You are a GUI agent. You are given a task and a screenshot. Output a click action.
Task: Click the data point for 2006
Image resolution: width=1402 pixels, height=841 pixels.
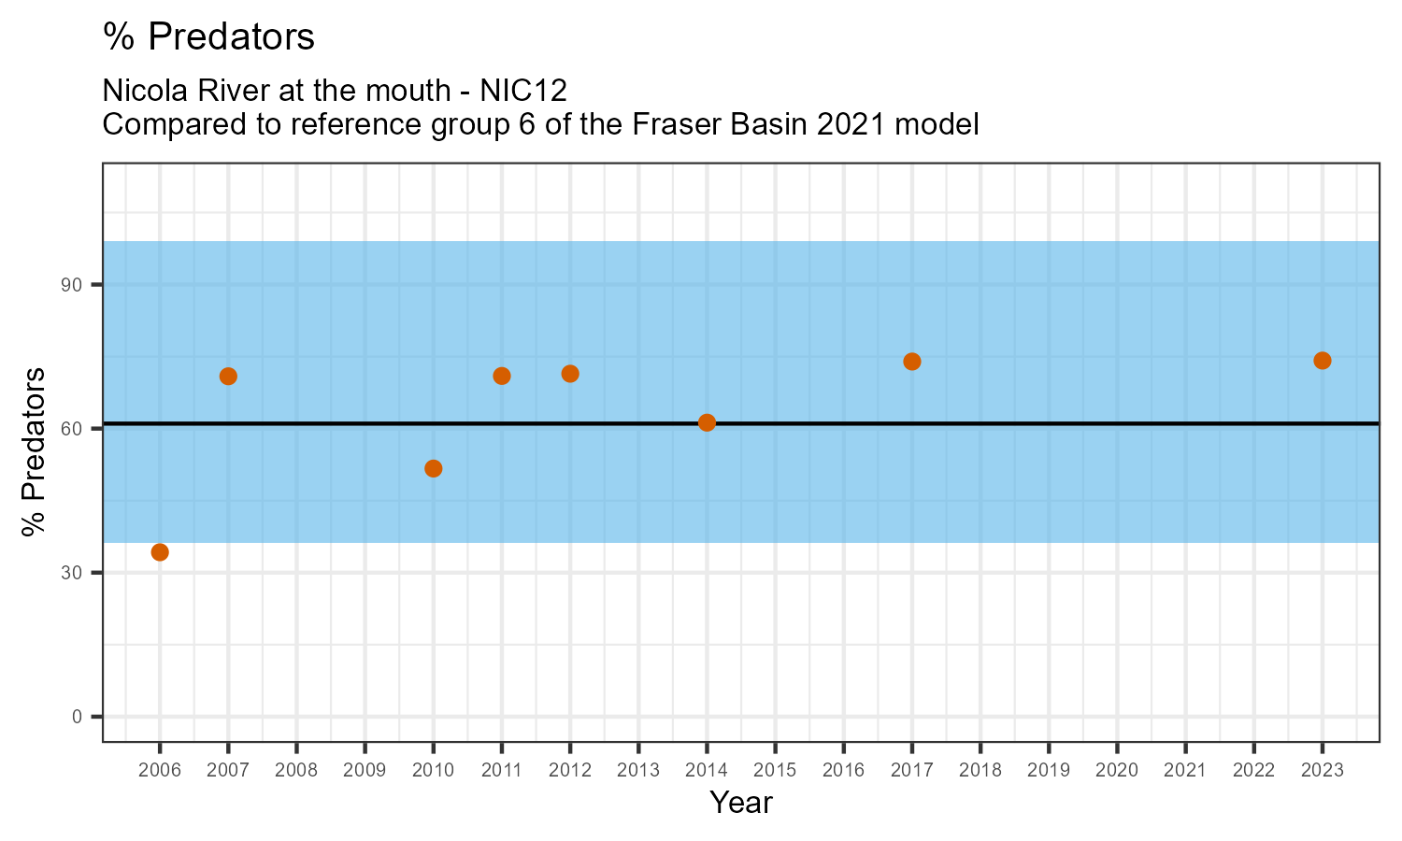(x=160, y=552)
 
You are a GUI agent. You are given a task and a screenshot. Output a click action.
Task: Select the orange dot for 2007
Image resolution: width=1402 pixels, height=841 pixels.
(x=228, y=377)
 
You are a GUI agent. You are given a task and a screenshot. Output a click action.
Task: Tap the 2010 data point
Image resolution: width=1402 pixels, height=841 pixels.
(x=433, y=468)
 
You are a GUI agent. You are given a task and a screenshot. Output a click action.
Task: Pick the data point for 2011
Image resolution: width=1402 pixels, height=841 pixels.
(x=502, y=377)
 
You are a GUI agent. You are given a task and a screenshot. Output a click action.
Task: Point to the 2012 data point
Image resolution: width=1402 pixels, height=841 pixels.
(x=570, y=374)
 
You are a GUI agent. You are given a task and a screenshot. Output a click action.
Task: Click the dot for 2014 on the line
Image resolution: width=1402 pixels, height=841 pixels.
(x=707, y=422)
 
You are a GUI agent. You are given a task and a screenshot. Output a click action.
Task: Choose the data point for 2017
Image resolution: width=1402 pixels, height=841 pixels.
(x=912, y=362)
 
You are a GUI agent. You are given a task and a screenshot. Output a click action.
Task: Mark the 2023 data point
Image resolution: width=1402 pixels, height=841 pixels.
(x=1323, y=361)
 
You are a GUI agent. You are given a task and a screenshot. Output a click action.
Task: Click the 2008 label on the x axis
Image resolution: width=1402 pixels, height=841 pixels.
(x=296, y=771)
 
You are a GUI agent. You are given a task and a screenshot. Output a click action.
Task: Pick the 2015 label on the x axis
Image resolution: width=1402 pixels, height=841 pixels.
(x=775, y=771)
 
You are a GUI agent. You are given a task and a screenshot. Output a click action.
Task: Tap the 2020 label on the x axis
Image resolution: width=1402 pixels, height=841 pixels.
(x=1117, y=771)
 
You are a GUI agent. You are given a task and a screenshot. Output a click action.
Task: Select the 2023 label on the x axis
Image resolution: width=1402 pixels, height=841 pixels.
(x=1323, y=771)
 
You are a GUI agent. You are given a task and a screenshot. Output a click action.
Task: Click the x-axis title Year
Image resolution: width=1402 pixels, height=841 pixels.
(x=741, y=803)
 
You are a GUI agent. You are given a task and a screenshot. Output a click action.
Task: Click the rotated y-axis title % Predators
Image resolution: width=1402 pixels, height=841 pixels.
(x=35, y=452)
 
